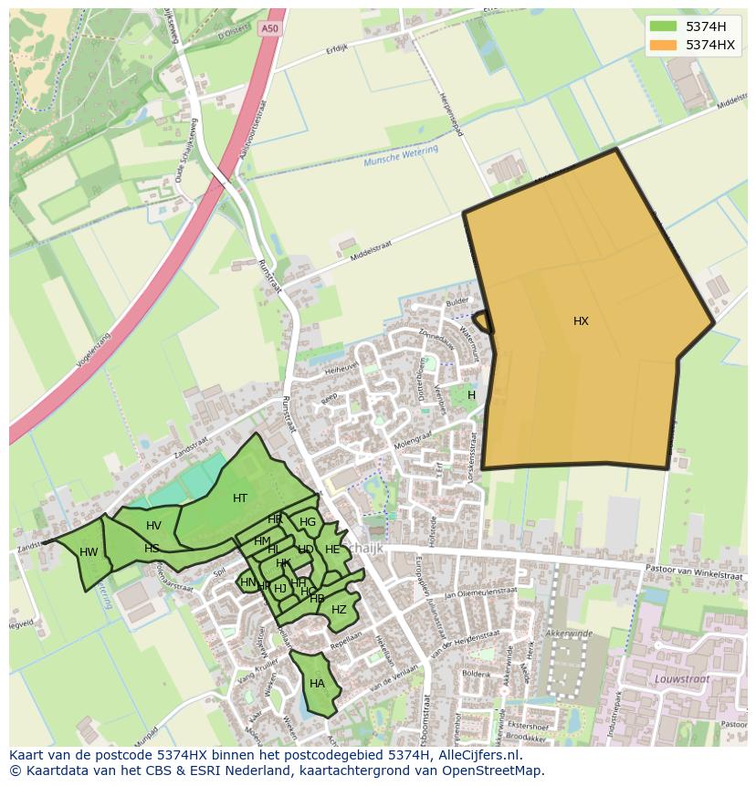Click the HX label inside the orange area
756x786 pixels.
581,321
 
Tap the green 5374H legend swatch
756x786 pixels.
663,26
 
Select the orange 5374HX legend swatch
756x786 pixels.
663,45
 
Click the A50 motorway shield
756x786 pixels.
268,28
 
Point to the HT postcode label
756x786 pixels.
240,498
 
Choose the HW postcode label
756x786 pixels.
89,552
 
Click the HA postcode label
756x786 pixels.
317,684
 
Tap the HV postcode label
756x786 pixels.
153,526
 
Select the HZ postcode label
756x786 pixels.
339,610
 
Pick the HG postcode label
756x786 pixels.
308,523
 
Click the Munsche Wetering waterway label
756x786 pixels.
401,156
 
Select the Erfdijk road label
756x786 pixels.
337,50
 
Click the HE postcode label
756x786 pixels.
332,550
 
